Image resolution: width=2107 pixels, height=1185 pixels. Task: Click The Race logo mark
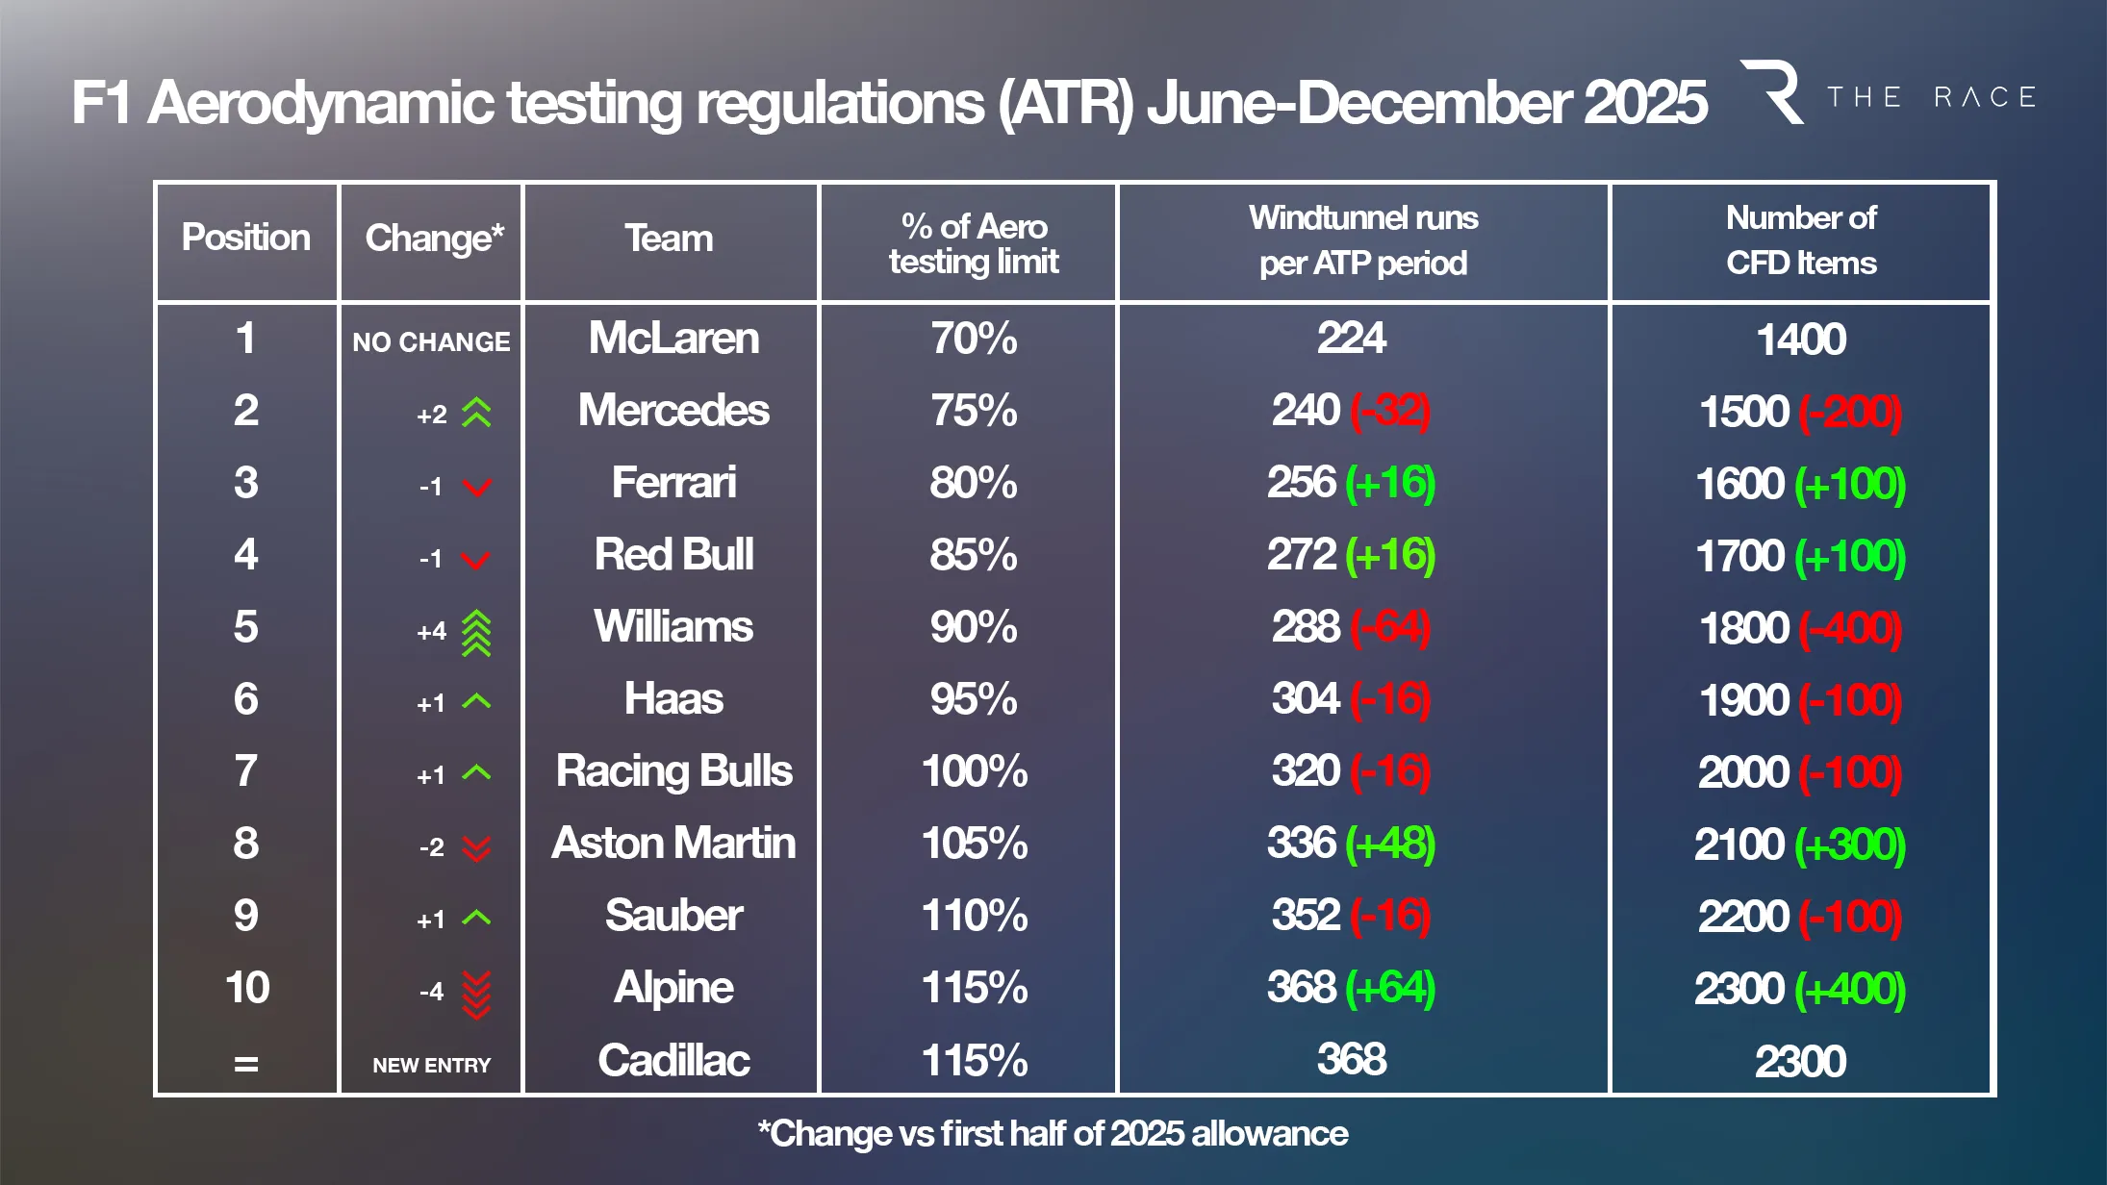(1773, 92)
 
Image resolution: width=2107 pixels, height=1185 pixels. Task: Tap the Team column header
(670, 239)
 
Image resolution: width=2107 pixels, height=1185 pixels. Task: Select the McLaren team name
(673, 339)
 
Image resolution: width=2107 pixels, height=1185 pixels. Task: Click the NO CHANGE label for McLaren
(431, 342)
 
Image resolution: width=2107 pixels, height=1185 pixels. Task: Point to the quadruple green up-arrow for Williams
(476, 633)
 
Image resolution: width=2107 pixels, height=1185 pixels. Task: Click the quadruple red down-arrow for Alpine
(476, 994)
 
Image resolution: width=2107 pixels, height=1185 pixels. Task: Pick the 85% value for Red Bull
(974, 555)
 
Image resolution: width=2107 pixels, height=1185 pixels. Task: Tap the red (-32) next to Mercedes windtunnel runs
(1390, 411)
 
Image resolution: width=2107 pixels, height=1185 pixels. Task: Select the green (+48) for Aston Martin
(1390, 844)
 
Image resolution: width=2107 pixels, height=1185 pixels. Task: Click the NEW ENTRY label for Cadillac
(431, 1066)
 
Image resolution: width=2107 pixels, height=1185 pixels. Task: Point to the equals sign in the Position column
(246, 1064)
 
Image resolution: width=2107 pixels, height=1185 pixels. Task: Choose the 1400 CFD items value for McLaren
(1801, 340)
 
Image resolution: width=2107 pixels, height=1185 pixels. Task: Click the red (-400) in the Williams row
(1850, 629)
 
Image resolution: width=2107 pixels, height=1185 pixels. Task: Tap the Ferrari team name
(673, 483)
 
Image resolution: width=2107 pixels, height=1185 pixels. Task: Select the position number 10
(247, 988)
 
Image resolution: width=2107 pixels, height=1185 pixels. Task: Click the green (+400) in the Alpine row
(1850, 989)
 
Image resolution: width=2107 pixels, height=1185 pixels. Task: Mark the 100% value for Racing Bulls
(974, 771)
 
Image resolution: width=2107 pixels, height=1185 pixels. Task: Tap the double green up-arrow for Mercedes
(476, 413)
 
